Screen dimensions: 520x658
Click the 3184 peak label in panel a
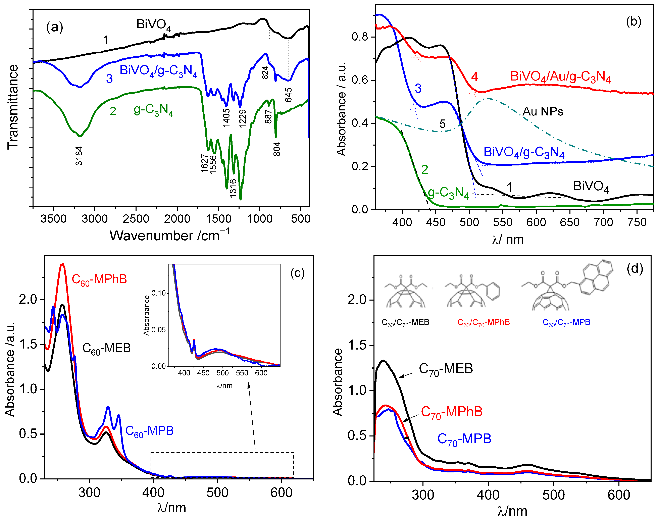coord(79,156)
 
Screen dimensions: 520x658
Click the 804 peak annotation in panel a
coord(277,149)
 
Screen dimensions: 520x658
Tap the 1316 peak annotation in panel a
coord(233,188)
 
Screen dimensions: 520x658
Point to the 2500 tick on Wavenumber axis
coord(136,219)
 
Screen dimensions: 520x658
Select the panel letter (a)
coord(55,27)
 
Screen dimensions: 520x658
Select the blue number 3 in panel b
coord(418,88)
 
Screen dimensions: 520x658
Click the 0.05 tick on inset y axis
coord(158,330)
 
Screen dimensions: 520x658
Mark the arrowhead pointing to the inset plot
coord(248,385)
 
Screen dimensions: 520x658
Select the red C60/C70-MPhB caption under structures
coord(484,322)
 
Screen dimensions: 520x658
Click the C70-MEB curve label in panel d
coord(446,369)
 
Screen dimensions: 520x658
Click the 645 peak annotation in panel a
coord(288,95)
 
